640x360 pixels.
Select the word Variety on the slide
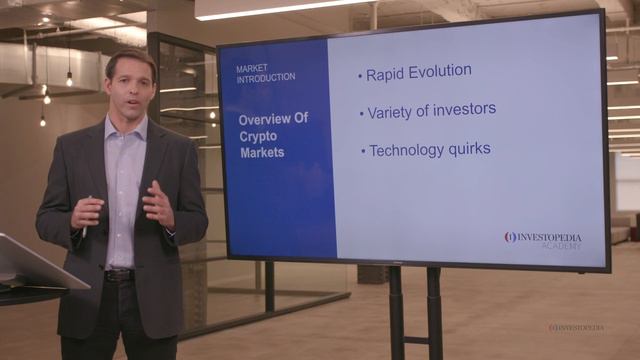click(389, 111)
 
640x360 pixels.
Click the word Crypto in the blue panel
click(258, 136)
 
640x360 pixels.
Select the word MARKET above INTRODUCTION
click(252, 67)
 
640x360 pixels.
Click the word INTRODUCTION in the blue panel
click(266, 77)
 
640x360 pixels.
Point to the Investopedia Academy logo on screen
click(543, 240)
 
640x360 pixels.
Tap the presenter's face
click(130, 87)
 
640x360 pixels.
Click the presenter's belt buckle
click(119, 274)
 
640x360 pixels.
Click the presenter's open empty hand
click(158, 204)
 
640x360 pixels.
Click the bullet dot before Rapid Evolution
click(360, 76)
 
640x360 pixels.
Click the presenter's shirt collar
click(127, 128)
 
